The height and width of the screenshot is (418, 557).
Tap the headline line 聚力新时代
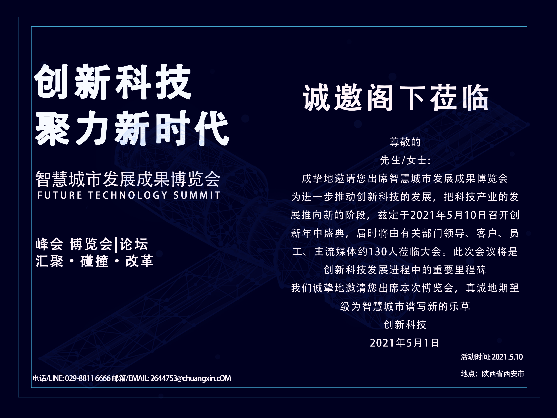click(x=132, y=128)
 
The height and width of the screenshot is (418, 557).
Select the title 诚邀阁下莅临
click(x=396, y=98)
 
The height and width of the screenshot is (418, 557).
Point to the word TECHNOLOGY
click(x=128, y=195)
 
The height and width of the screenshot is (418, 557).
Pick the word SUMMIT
click(x=197, y=195)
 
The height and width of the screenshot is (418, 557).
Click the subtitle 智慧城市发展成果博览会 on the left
click(x=128, y=179)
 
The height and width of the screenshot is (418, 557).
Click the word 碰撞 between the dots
click(x=94, y=261)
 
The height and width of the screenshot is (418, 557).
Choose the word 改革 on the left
click(x=139, y=261)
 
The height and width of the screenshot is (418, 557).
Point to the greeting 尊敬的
click(x=405, y=142)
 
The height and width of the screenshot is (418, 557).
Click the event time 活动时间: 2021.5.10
click(x=492, y=357)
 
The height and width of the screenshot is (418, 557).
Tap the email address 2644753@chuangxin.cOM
click(x=191, y=378)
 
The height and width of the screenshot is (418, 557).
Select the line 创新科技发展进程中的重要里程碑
click(x=405, y=270)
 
